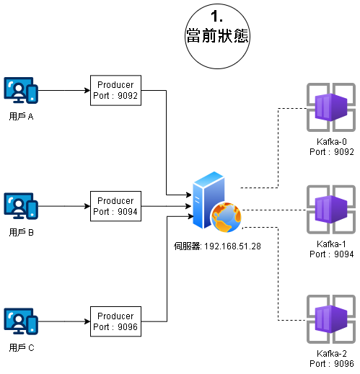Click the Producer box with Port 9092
click(x=115, y=90)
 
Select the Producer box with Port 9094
click(x=115, y=206)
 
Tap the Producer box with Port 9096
click(x=115, y=321)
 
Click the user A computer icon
click(x=21, y=90)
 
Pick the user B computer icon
click(x=21, y=206)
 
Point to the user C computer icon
click(x=21, y=321)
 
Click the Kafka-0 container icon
click(x=331, y=107)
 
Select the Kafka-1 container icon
click(x=331, y=210)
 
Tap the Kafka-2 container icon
click(x=331, y=319)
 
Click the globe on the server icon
click(x=226, y=218)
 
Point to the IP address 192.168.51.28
click(x=232, y=246)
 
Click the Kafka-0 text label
click(x=332, y=142)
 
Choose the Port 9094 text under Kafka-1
click(x=332, y=254)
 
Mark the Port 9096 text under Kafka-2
click(x=332, y=364)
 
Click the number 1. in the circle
click(x=216, y=17)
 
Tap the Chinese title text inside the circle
click(x=217, y=35)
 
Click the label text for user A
click(x=21, y=117)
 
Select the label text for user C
click(x=22, y=347)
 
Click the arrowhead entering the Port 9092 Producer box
click(x=87, y=91)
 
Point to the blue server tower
click(x=208, y=200)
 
